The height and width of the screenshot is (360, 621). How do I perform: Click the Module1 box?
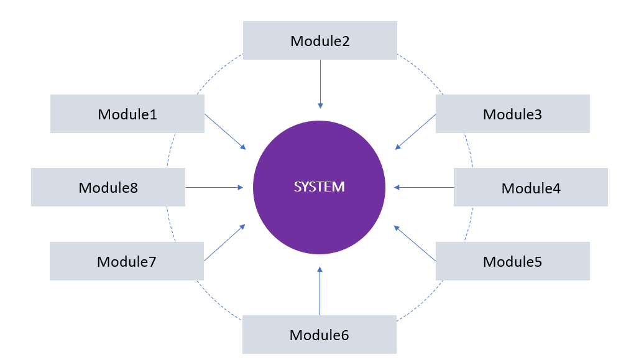pos(127,114)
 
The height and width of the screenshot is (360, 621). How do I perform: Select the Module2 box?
pos(320,40)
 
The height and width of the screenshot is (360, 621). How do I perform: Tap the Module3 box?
pos(512,114)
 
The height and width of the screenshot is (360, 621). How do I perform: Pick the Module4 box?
pos(530,187)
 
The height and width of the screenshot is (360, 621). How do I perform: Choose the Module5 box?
pos(512,261)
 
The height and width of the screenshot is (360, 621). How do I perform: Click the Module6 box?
pos(319,335)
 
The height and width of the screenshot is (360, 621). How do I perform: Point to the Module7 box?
pos(126,261)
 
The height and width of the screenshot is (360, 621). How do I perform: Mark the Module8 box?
pos(108,187)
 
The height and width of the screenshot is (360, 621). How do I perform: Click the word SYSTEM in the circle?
pos(319,187)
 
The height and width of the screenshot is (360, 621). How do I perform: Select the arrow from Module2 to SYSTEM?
pos(320,84)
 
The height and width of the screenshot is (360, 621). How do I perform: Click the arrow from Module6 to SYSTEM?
pos(320,291)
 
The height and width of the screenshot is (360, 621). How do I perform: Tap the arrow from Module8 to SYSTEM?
pos(214,187)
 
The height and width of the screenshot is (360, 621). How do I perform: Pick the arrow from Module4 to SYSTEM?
pos(424,187)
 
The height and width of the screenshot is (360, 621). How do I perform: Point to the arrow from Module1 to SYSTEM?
pos(225,131)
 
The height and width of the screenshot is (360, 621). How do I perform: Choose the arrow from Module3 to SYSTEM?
pos(415,131)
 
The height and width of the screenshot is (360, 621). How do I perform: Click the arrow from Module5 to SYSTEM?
pos(415,243)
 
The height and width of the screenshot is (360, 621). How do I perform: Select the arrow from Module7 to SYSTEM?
pos(224,243)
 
